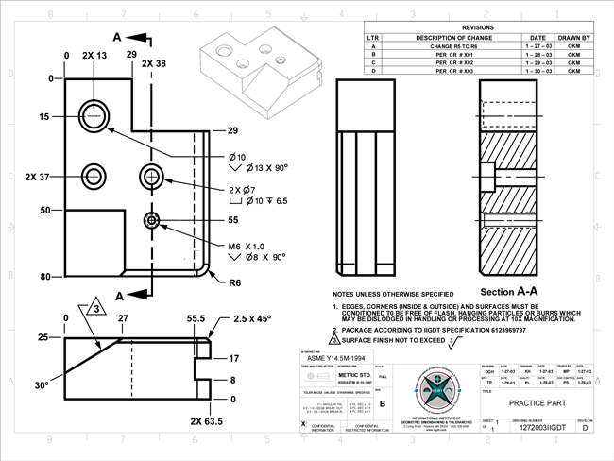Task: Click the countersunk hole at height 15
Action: tap(94, 115)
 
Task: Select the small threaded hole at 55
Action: tap(151, 220)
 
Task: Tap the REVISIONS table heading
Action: tap(478, 28)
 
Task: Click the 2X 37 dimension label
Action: tap(37, 176)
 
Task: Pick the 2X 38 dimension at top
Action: tap(153, 63)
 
